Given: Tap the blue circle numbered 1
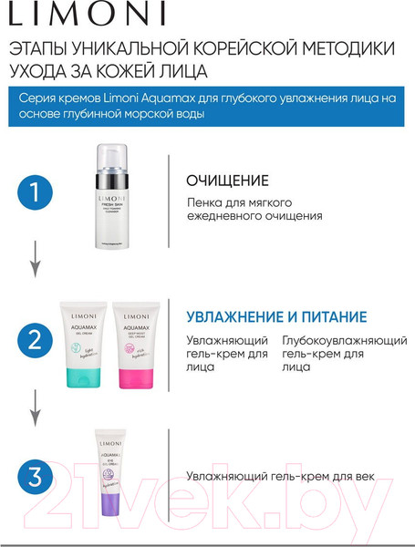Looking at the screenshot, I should coord(35,194).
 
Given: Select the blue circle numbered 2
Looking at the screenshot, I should coord(35,341).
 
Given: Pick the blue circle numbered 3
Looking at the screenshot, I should coord(35,476).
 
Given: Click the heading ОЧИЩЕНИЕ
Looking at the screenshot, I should coord(227,180).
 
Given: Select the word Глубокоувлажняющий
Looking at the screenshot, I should coord(332,339).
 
